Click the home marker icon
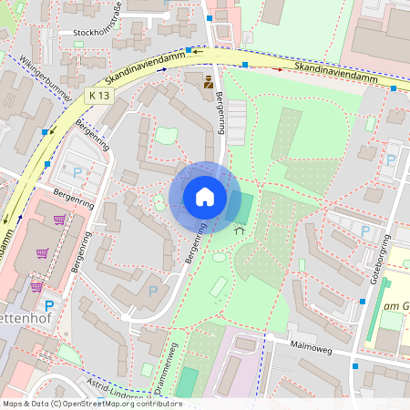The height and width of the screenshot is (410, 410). coord(205,197)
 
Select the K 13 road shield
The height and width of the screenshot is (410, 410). coord(99,96)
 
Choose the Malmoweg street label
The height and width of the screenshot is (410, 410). coord(321,347)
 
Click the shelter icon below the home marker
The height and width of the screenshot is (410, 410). coord(240,231)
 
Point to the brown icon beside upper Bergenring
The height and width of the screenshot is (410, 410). coord(209,83)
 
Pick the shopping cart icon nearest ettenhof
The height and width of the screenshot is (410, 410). coord(36,286)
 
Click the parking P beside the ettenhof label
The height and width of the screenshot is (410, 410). coord(49,305)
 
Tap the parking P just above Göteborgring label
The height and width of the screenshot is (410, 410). coord(365,231)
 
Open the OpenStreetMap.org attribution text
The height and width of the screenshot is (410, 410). coord(91,404)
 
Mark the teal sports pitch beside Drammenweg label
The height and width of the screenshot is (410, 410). coord(186,383)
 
